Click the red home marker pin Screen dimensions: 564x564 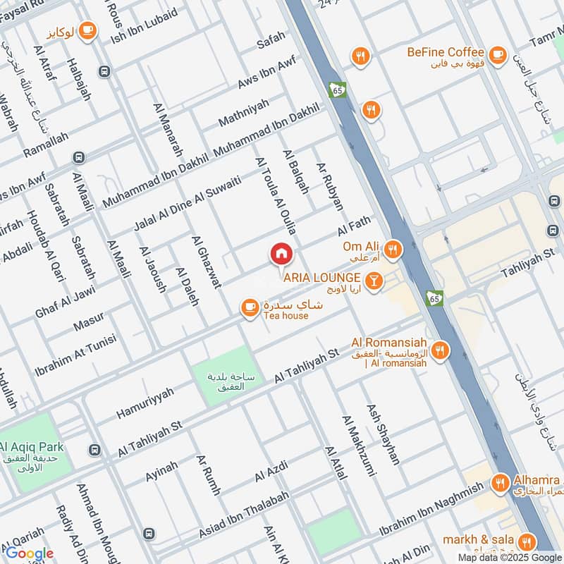point(281,254)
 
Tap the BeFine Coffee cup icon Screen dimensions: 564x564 point(498,54)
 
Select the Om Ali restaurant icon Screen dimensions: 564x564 point(393,248)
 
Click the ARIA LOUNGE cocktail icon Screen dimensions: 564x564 point(374,281)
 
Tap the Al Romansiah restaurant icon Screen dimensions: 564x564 point(440,350)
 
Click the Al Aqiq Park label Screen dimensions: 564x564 point(32,446)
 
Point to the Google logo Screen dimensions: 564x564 point(27,553)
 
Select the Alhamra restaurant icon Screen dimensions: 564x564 point(501,483)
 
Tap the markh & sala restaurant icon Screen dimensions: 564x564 point(526,541)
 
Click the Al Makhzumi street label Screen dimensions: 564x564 point(360,447)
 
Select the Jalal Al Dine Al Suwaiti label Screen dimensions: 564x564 point(188,204)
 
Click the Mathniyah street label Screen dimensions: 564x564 point(243,113)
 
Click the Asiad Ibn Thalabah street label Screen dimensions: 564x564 point(244,522)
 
